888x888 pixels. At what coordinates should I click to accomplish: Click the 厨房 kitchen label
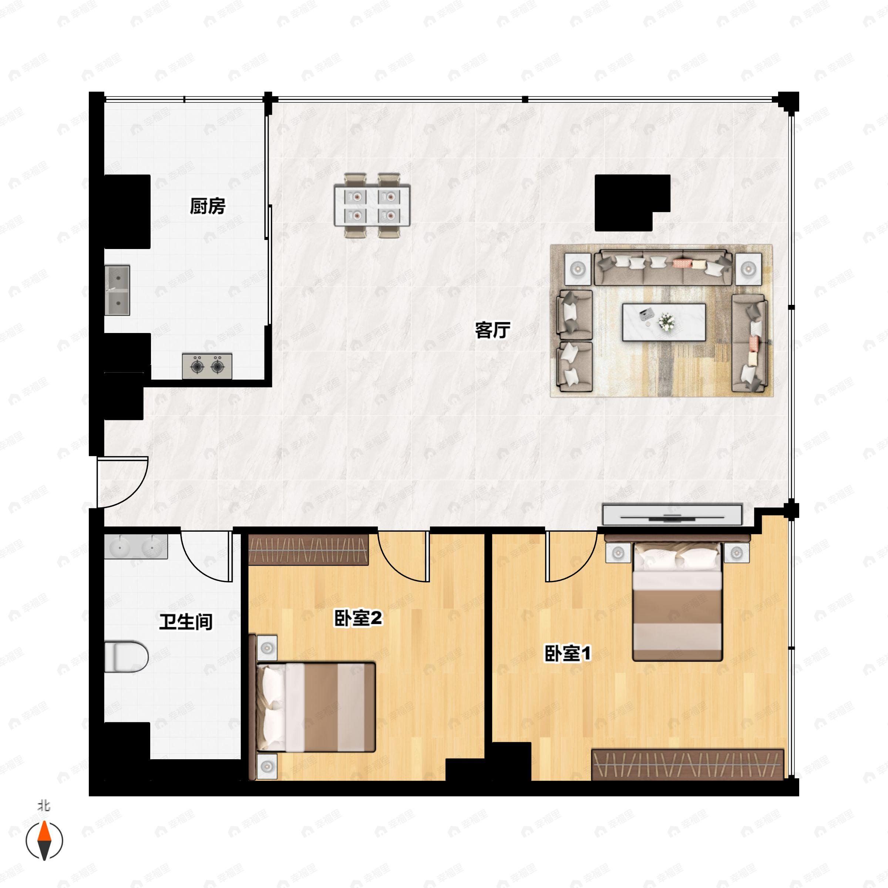[x=207, y=206]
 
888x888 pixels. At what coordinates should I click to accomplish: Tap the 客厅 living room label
[x=492, y=330]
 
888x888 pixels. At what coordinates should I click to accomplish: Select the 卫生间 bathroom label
[x=186, y=622]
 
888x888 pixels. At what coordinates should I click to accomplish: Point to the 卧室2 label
[x=357, y=618]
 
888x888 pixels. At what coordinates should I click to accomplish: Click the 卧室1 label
[x=568, y=653]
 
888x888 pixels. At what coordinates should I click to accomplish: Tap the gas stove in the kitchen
[x=207, y=366]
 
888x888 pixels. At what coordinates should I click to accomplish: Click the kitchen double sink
[x=117, y=290]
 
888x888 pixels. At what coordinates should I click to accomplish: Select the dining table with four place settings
[x=372, y=205]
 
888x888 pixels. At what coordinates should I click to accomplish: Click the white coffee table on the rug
[x=664, y=322]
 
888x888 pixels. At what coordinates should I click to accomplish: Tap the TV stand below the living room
[x=672, y=515]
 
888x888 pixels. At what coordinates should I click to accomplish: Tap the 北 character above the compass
[x=44, y=806]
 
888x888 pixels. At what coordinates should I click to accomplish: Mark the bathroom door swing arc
[x=205, y=556]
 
